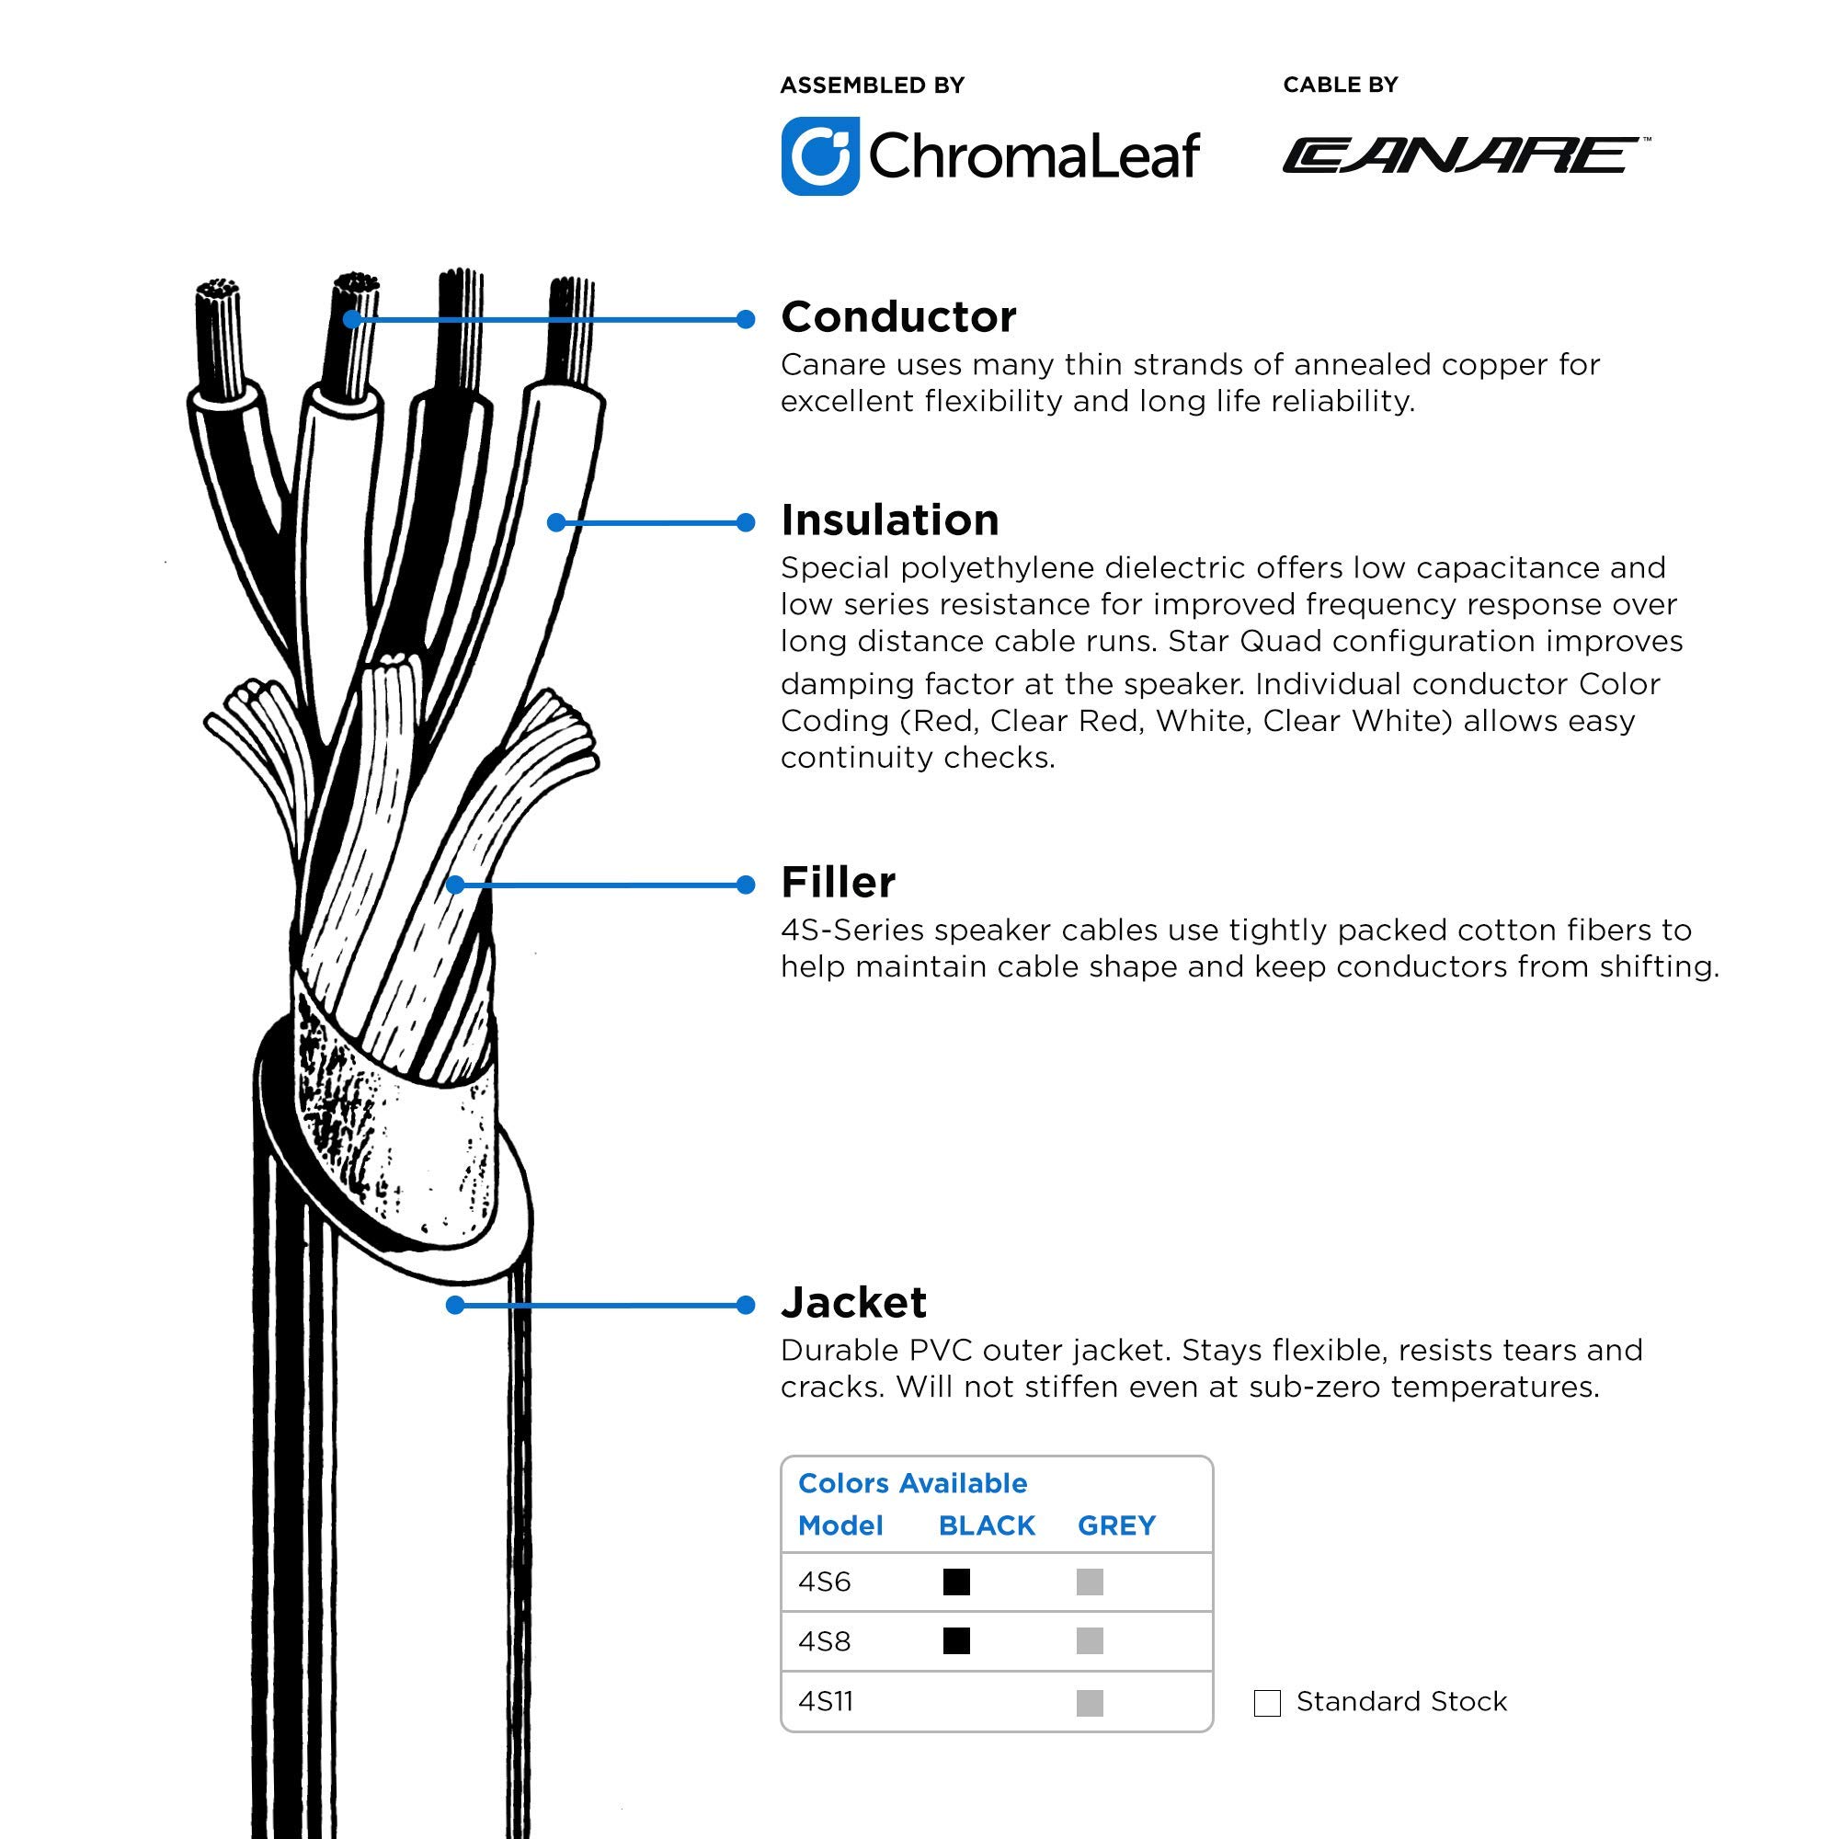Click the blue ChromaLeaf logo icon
point(820,156)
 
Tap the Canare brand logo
point(1466,155)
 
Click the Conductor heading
point(898,317)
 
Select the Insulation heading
point(890,520)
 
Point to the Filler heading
point(838,883)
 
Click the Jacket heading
point(854,1302)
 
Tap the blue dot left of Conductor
point(746,320)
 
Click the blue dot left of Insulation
point(746,522)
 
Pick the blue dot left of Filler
point(746,885)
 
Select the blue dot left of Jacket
point(746,1305)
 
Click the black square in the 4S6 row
point(956,1582)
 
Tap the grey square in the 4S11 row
point(1090,1702)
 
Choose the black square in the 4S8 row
point(956,1641)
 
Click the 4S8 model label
point(824,1642)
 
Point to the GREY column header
point(1116,1525)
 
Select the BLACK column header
point(987,1525)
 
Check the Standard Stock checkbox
point(1268,1703)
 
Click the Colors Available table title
point(913,1483)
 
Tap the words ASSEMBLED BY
point(873,86)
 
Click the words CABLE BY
point(1341,85)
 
